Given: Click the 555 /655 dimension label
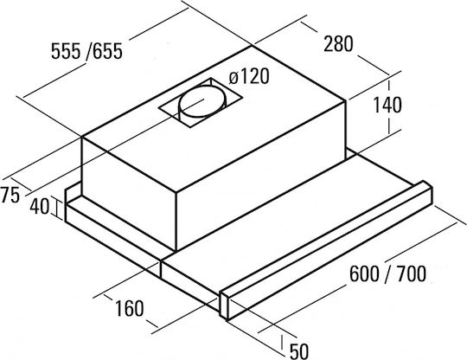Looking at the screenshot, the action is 86,51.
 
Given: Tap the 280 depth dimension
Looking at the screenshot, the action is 338,44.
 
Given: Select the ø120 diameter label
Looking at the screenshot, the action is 249,76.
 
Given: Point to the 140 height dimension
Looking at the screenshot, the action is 387,105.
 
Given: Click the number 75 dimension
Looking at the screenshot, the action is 10,196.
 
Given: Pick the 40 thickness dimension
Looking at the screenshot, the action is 39,206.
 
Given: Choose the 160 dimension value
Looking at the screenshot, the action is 129,308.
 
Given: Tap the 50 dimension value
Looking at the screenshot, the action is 298,351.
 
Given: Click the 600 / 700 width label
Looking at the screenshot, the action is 387,273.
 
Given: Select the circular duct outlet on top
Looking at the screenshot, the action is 202,102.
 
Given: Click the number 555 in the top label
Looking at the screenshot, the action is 66,51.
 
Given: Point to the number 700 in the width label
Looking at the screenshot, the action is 412,273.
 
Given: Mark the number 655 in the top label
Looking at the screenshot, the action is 108,51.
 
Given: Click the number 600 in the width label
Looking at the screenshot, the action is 363,273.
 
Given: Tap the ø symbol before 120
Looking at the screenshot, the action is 233,78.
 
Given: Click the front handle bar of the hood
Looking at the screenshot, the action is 325,250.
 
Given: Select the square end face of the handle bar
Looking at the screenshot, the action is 224,304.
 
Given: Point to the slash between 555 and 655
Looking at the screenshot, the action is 87,51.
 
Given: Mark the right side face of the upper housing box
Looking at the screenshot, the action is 261,176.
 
